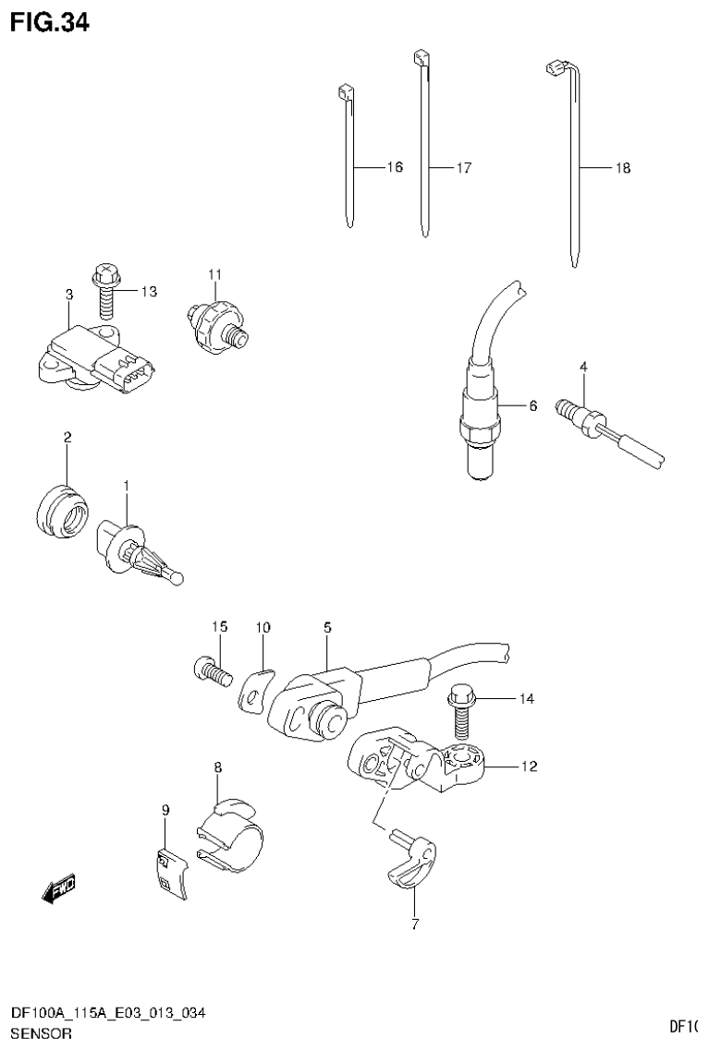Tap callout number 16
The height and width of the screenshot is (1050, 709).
pyautogui.click(x=394, y=168)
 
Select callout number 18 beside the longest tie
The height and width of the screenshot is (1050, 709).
pyautogui.click(x=622, y=168)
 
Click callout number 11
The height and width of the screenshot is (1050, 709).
pyautogui.click(x=214, y=274)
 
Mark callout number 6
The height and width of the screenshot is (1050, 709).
pyautogui.click(x=532, y=405)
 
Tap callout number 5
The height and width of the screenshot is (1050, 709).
pyautogui.click(x=327, y=628)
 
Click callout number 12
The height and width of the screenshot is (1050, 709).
pyautogui.click(x=528, y=766)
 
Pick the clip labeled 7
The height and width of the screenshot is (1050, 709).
pyautogui.click(x=410, y=861)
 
